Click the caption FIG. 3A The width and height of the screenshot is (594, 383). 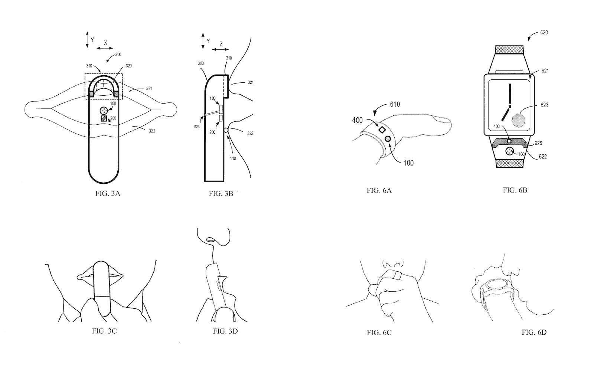pos(108,193)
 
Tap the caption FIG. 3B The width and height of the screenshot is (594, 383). pos(221,193)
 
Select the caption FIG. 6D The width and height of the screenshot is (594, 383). pos(534,332)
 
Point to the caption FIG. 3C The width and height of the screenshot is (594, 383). pos(104,331)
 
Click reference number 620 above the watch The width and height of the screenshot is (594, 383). pos(544,32)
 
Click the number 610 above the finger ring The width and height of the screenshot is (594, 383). pos(395,104)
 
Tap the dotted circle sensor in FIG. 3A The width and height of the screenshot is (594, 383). pos(104,110)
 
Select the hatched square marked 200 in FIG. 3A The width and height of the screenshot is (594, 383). pos(104,119)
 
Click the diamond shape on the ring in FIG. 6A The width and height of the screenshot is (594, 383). pos(382,130)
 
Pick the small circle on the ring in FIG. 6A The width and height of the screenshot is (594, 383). pos(388,138)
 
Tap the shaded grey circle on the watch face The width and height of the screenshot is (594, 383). pos(518,120)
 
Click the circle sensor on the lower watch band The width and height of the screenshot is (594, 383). pos(510,151)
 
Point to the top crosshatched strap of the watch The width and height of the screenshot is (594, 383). pos(509,49)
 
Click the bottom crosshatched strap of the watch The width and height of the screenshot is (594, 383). pos(509,163)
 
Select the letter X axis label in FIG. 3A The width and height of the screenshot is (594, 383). pos(105,43)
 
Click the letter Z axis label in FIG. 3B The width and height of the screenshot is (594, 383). pos(221,44)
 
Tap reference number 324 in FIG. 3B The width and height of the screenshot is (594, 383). pos(196,127)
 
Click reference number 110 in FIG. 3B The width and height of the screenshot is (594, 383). pos(233,158)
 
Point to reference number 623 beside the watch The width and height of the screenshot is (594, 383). pos(544,105)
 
